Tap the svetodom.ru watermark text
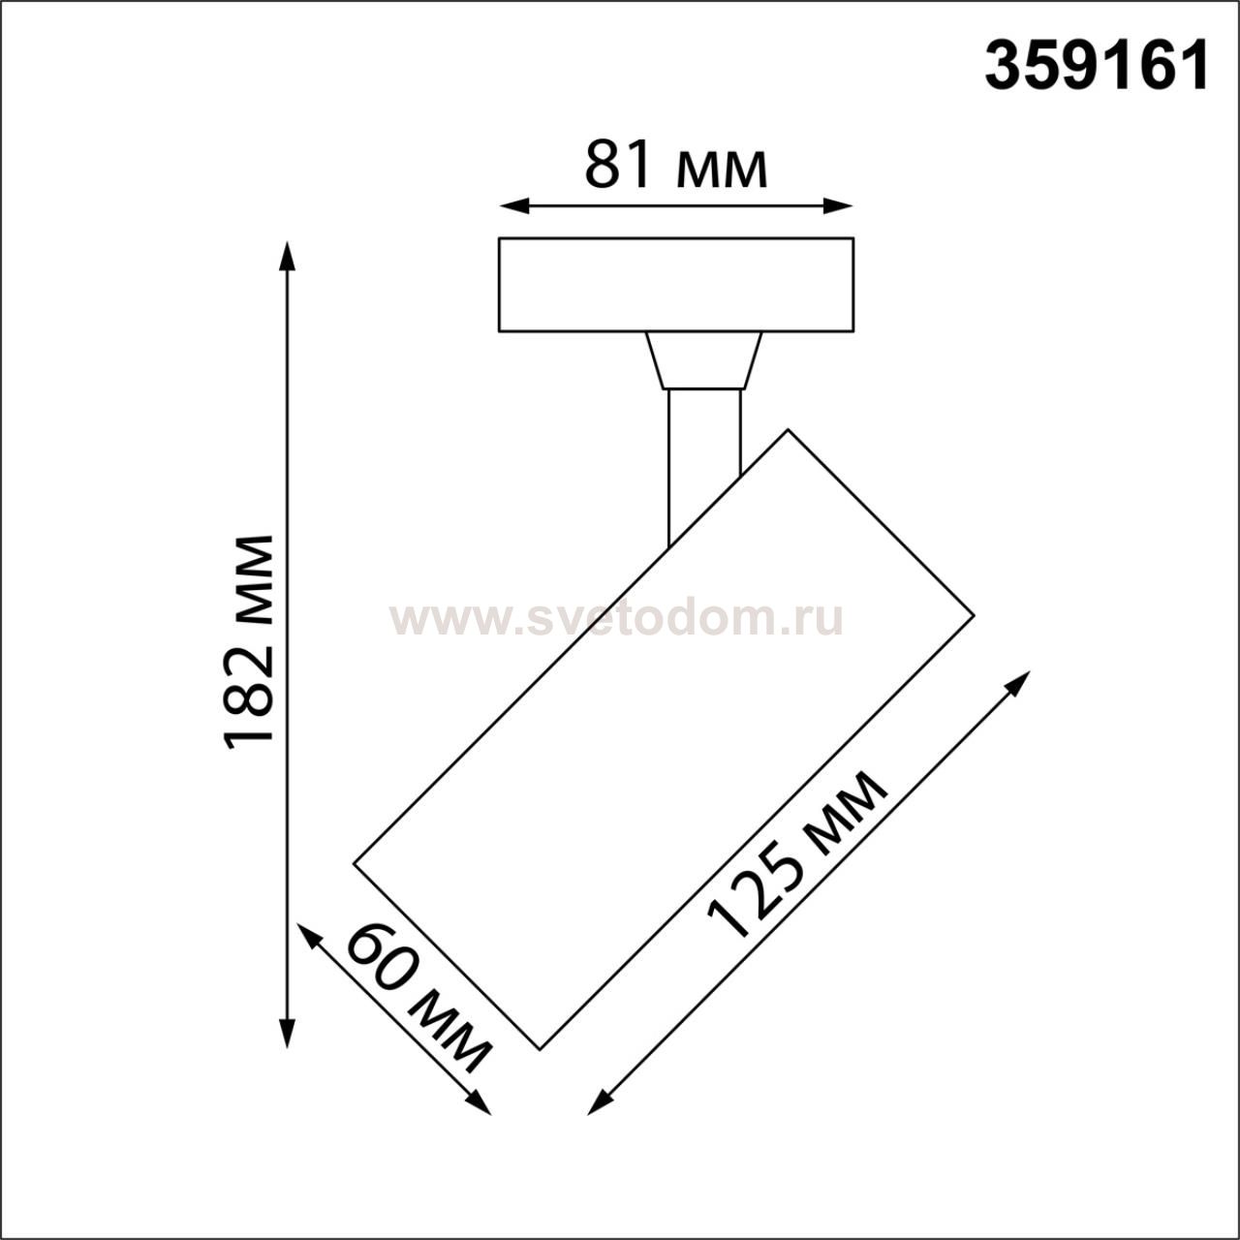pos(617,621)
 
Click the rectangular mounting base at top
pos(676,285)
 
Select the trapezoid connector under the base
pos(704,360)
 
